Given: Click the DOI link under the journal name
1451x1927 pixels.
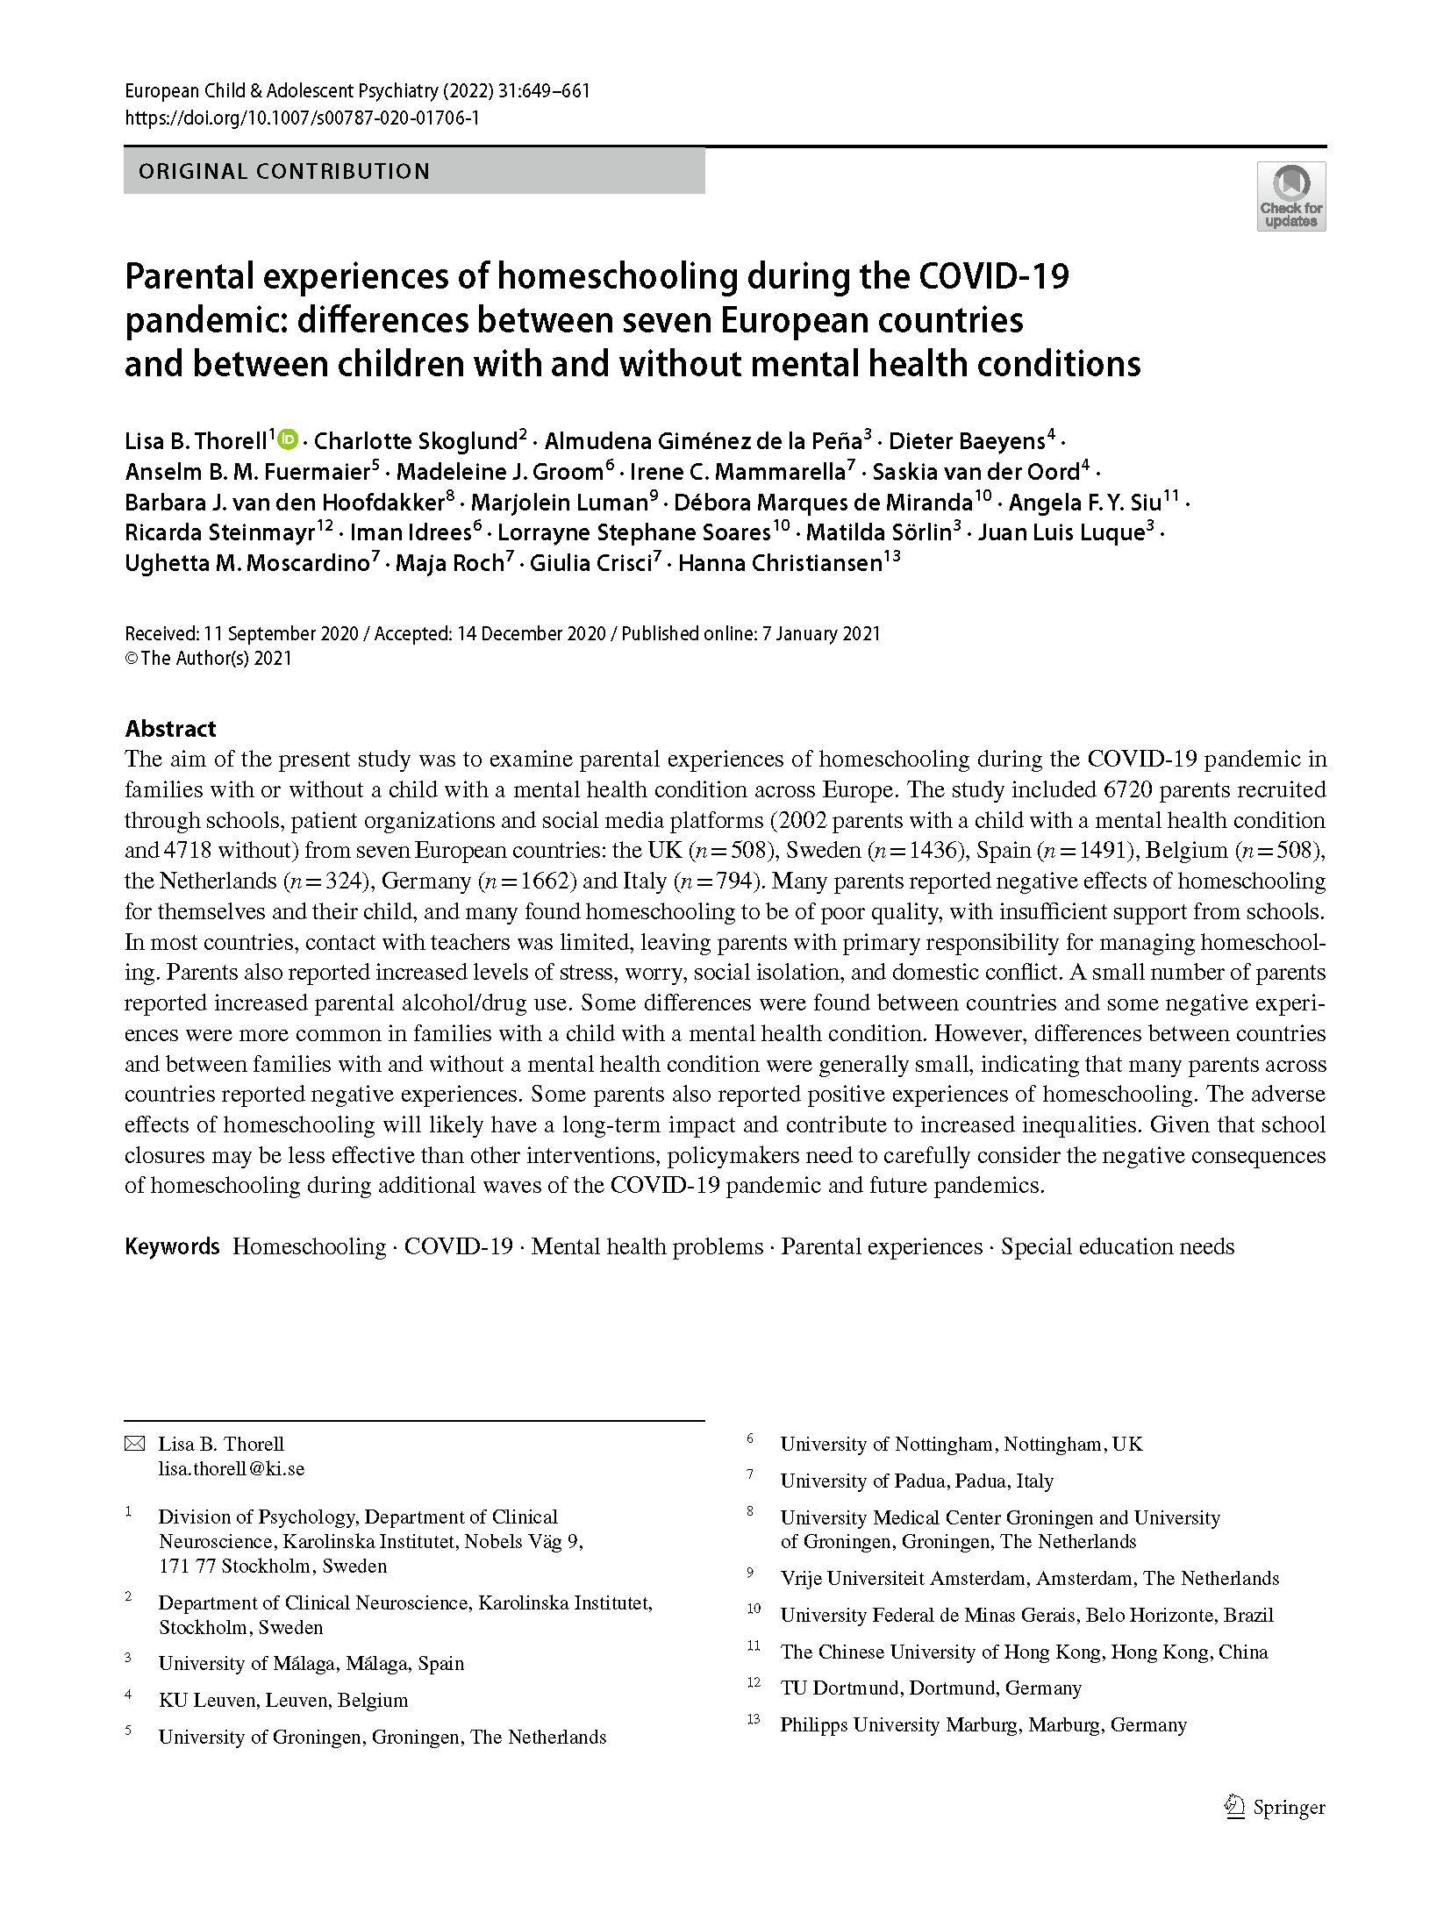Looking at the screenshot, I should [302, 118].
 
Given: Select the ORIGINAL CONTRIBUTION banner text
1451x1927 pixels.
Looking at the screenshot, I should [284, 171].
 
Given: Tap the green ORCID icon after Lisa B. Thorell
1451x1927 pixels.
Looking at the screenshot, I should [288, 439].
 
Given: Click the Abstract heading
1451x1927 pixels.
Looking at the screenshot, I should [170, 728].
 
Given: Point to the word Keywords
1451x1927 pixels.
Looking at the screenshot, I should [172, 1246].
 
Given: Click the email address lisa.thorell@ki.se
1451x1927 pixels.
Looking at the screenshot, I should [231, 1468].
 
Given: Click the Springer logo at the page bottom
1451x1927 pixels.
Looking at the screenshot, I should [1274, 1807].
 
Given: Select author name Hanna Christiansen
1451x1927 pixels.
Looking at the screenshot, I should [779, 563].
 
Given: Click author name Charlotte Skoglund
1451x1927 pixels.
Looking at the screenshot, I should [415, 440].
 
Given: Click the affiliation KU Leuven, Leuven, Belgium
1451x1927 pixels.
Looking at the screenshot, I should [282, 1700].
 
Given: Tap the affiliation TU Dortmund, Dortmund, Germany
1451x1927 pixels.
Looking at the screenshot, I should [930, 1688].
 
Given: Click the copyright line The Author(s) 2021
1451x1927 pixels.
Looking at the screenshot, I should [215, 658].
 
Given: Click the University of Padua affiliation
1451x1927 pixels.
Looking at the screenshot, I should [916, 1481].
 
